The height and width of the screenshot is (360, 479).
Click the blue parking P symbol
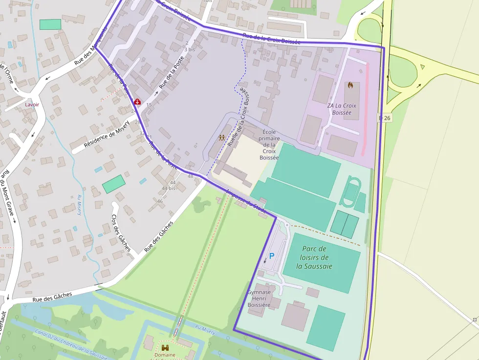272,255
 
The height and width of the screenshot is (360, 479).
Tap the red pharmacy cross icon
138,102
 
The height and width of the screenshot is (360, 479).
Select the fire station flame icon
350,85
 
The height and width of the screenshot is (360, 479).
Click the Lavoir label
32,105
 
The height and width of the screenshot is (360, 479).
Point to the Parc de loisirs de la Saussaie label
314,257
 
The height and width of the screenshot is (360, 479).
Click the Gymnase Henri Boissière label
259,298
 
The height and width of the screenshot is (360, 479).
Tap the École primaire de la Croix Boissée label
269,145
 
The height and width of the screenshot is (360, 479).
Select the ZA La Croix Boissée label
342,109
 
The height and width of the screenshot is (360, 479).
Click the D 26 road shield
385,118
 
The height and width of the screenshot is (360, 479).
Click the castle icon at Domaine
165,347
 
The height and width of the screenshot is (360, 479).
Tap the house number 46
160,201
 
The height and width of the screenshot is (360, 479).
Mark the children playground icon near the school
222,138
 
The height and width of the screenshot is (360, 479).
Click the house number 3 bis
189,49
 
